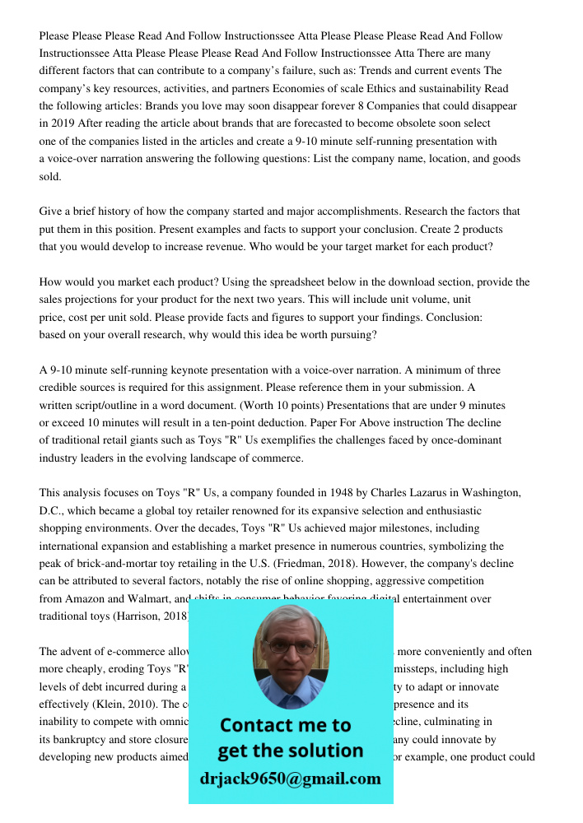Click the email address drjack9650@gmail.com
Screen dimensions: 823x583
pyautogui.click(x=291, y=779)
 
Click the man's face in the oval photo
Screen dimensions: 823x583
pyautogui.click(x=289, y=650)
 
